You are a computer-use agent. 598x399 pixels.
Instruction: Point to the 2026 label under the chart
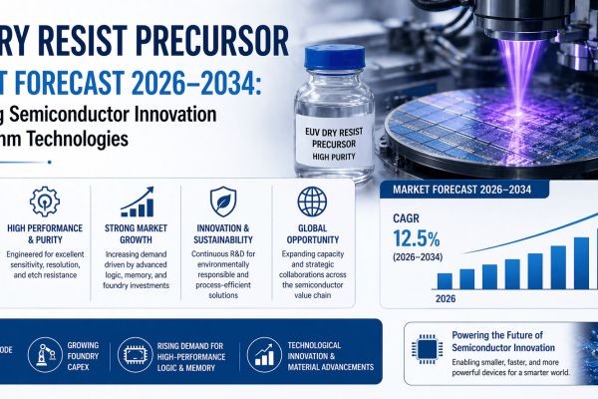(x=444, y=297)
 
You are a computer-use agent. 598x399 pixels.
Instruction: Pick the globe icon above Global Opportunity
(x=312, y=199)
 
